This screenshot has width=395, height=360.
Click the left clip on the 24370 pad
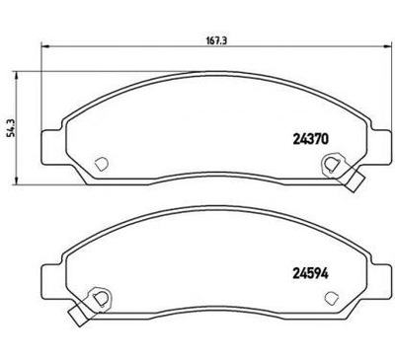click(x=99, y=166)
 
